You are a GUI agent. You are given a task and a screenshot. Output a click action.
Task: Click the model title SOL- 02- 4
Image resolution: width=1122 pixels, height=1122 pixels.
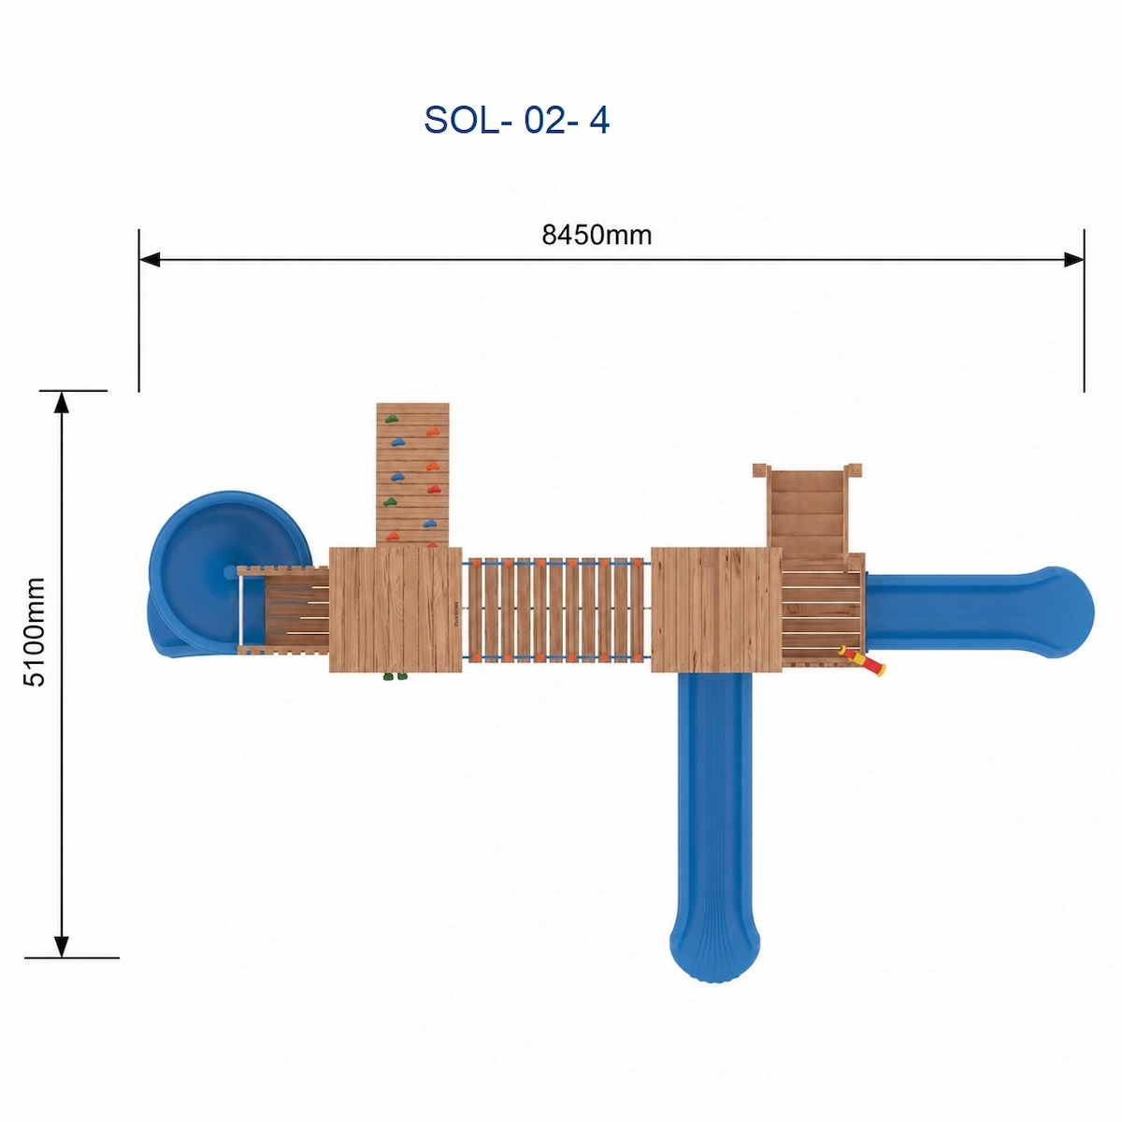click(x=516, y=120)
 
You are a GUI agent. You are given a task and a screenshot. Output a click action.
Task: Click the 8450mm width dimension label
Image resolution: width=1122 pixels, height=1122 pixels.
click(x=597, y=235)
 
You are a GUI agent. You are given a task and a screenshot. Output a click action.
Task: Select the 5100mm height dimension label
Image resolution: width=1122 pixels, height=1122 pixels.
click(x=34, y=632)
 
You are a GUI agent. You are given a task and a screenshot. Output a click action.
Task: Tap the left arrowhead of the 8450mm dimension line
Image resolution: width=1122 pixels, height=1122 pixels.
click(x=149, y=260)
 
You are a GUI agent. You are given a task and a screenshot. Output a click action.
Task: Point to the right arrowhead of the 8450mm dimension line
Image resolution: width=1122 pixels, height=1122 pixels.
click(x=1073, y=260)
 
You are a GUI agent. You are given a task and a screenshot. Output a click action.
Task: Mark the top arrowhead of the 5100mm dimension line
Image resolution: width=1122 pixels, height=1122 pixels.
click(x=61, y=402)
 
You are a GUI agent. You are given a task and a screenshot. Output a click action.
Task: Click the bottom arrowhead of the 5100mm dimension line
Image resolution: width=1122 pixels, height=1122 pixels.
click(x=61, y=947)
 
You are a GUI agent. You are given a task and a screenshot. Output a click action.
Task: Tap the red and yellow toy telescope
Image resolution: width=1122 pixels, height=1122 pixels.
click(x=862, y=660)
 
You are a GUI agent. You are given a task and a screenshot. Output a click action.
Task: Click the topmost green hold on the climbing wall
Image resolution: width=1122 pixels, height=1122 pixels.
click(x=391, y=418)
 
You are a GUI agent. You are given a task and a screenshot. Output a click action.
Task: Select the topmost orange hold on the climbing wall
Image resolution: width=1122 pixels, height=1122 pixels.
click(x=432, y=431)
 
